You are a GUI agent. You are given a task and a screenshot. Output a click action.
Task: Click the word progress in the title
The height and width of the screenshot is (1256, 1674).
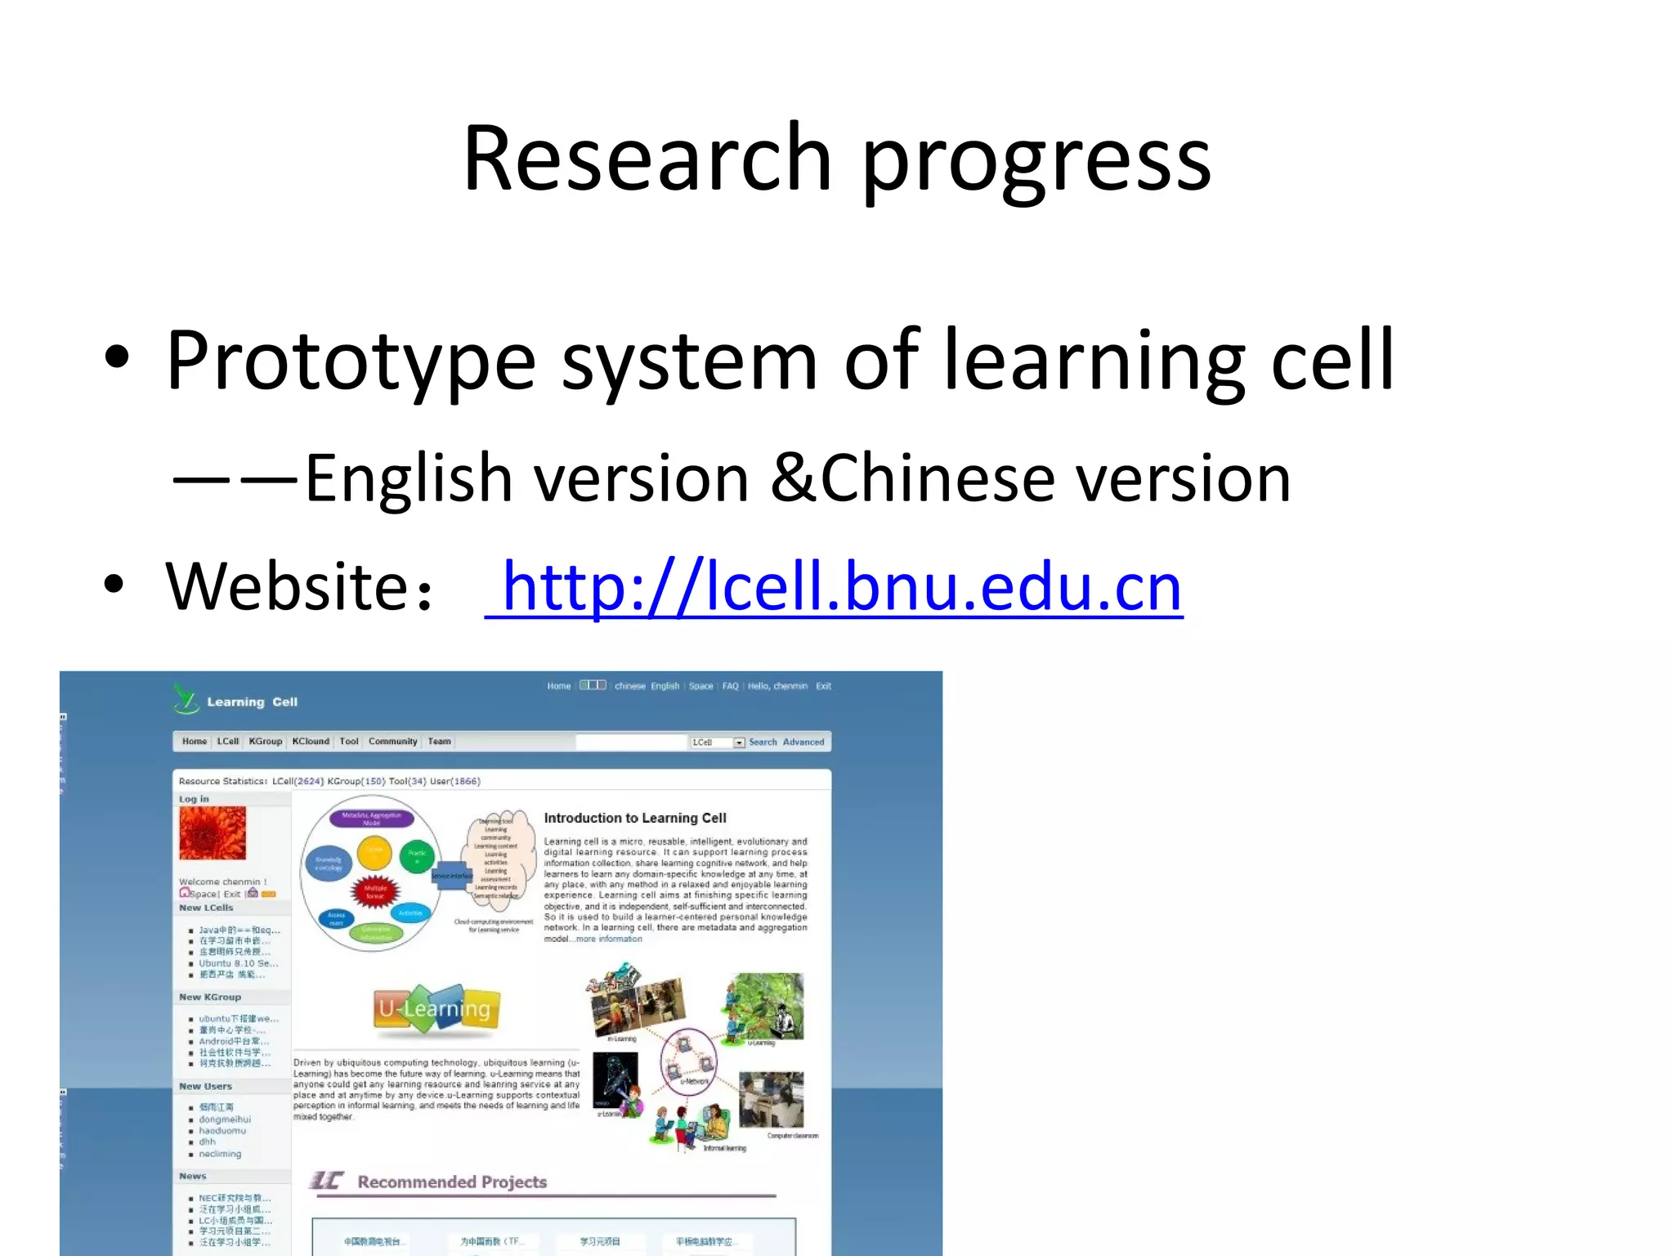click(1036, 161)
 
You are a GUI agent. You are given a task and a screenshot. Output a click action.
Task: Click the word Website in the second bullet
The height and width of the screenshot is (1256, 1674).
click(287, 586)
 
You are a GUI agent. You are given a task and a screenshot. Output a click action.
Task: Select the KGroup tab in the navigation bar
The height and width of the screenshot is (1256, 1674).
click(265, 742)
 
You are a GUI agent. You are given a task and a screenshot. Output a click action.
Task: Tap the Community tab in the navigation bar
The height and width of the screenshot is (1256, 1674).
click(392, 742)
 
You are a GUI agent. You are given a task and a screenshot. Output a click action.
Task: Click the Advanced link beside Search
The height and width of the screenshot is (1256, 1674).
click(803, 742)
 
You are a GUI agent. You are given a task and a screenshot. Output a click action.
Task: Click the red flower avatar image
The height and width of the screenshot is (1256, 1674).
click(213, 832)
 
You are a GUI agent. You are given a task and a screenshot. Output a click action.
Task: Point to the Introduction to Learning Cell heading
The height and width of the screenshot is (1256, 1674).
click(634, 818)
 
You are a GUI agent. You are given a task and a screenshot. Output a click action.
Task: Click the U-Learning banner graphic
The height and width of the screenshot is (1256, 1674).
click(436, 1008)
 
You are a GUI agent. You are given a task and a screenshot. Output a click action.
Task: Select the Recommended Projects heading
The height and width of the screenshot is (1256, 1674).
click(451, 1182)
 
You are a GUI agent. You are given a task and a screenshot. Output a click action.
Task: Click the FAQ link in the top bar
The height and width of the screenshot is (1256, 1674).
click(730, 686)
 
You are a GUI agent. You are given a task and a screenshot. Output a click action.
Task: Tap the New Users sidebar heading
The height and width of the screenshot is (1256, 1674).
click(206, 1086)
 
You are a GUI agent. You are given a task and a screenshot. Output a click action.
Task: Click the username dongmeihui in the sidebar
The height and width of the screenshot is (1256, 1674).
click(225, 1119)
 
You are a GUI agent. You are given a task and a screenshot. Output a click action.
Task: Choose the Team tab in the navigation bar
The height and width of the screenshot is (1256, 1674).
click(439, 742)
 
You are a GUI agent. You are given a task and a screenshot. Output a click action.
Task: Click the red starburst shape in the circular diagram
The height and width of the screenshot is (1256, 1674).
click(374, 891)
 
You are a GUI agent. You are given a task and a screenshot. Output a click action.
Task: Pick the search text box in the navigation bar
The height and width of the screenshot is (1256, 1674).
click(630, 742)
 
